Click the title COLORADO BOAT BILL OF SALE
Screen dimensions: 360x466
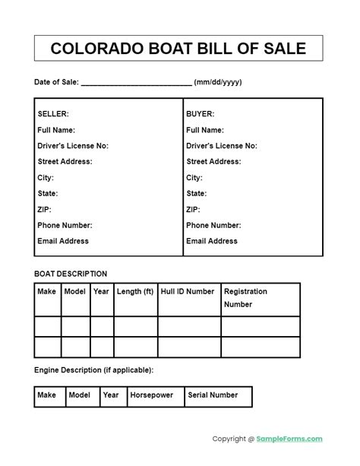click(178, 49)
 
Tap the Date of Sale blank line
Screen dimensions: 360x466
click(136, 83)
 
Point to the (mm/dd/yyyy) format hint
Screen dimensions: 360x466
click(218, 82)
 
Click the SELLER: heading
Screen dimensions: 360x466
click(53, 114)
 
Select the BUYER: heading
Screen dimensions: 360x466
click(201, 114)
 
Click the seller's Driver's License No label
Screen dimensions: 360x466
click(73, 146)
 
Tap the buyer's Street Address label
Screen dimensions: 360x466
click(213, 162)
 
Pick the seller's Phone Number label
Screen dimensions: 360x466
click(65, 225)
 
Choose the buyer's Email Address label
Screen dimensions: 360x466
click(212, 241)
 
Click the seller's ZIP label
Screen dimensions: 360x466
click(45, 209)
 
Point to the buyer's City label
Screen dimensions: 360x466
click(194, 178)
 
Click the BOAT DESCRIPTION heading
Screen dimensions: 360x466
click(71, 274)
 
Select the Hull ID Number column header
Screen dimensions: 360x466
click(188, 291)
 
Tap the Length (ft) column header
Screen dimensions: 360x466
click(135, 291)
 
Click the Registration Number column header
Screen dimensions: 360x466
click(245, 297)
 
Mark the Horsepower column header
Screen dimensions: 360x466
click(152, 395)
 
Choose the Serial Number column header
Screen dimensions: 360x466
click(213, 395)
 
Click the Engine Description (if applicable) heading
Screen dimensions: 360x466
click(93, 370)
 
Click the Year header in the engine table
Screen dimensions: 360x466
click(111, 395)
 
